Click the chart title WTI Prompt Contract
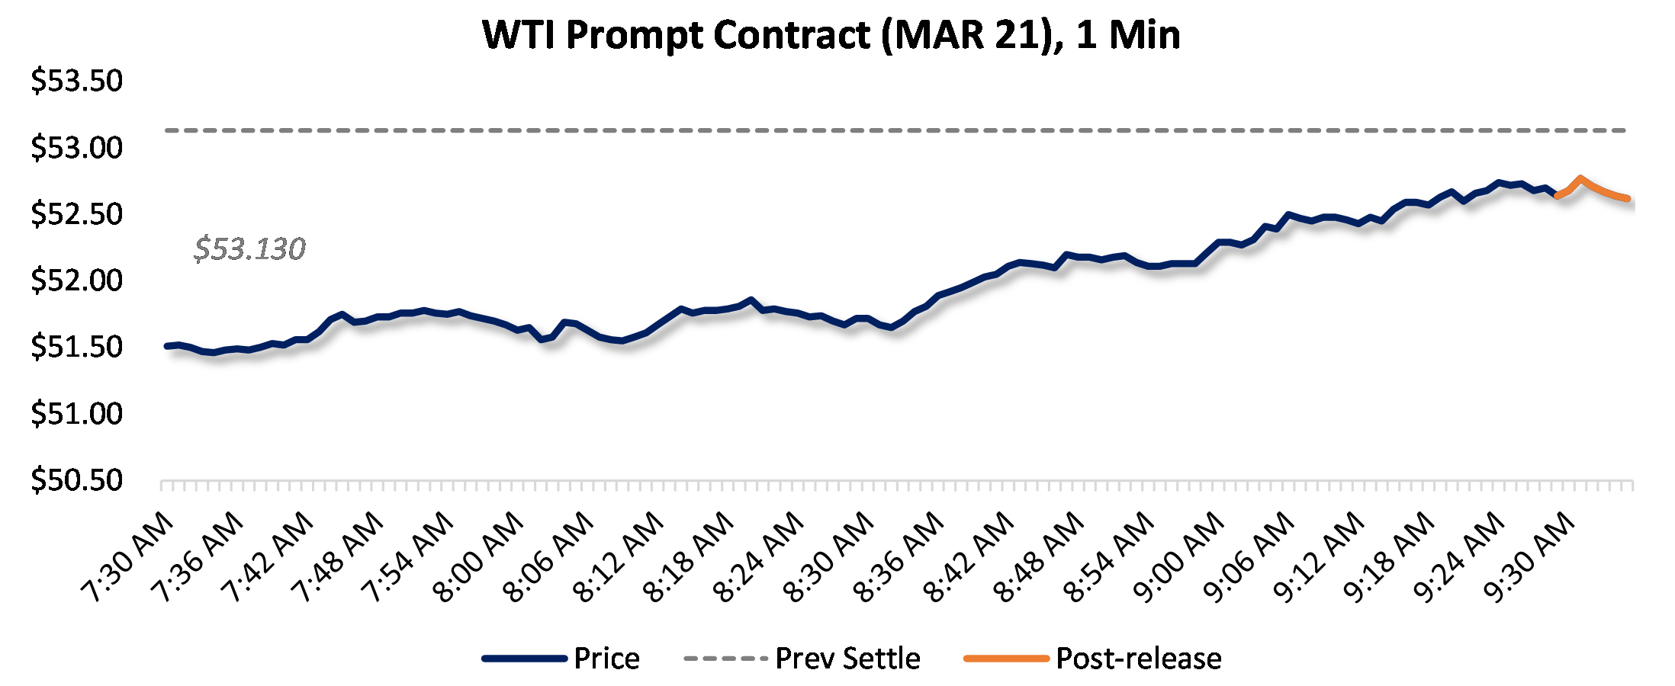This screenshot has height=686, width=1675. (831, 35)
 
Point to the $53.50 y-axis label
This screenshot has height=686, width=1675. (76, 81)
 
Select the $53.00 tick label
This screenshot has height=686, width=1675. (76, 147)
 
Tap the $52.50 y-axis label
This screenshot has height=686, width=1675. (76, 214)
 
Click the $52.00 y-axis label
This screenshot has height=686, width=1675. (76, 280)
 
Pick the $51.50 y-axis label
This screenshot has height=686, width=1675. (76, 347)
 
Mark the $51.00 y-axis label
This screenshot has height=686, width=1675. (76, 413)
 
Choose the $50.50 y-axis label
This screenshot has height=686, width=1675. (76, 480)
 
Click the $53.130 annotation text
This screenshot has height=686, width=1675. (249, 248)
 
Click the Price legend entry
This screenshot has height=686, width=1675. (606, 659)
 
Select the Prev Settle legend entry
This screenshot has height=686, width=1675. (847, 659)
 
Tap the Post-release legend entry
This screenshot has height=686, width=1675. (1138, 659)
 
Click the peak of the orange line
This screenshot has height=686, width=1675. (1580, 178)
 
